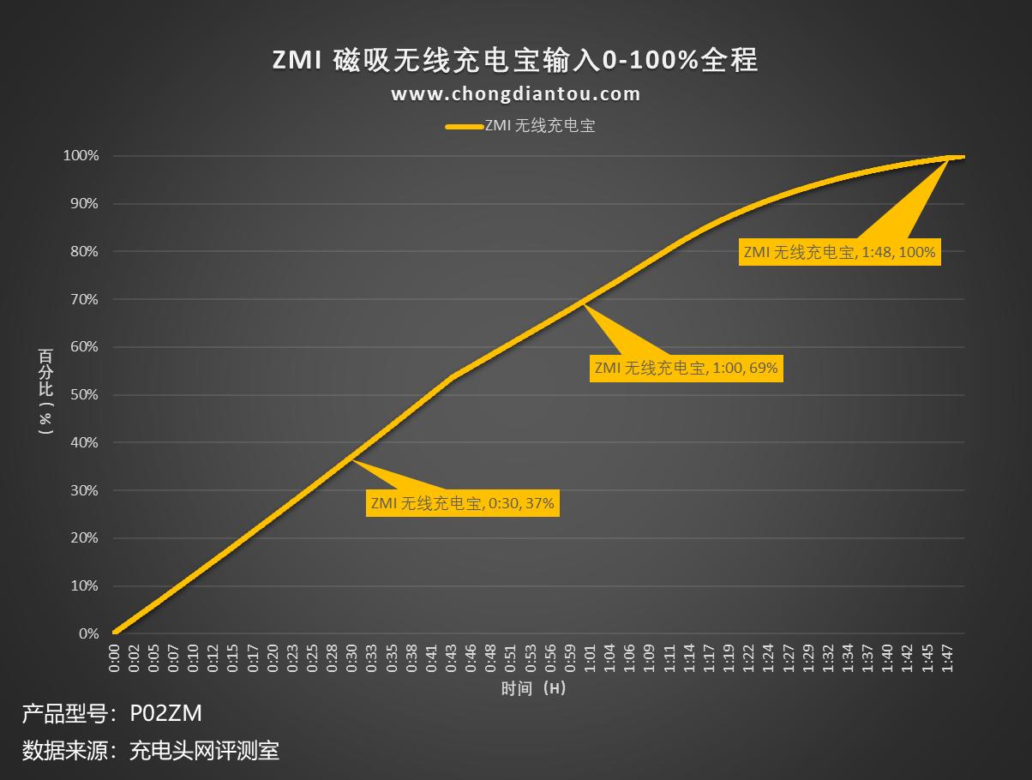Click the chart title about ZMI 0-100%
(x=515, y=61)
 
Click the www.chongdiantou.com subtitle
(x=515, y=94)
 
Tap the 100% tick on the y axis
(x=81, y=156)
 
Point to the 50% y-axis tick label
(x=84, y=395)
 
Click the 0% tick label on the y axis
(x=88, y=634)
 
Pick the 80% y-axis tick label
(x=84, y=252)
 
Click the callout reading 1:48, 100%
(x=839, y=252)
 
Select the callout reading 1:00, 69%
(x=686, y=368)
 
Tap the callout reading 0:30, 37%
(x=463, y=503)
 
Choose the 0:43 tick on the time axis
(x=452, y=658)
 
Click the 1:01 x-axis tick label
(x=591, y=658)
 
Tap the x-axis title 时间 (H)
(x=533, y=688)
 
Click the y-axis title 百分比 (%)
(x=45, y=392)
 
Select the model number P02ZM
(x=166, y=713)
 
